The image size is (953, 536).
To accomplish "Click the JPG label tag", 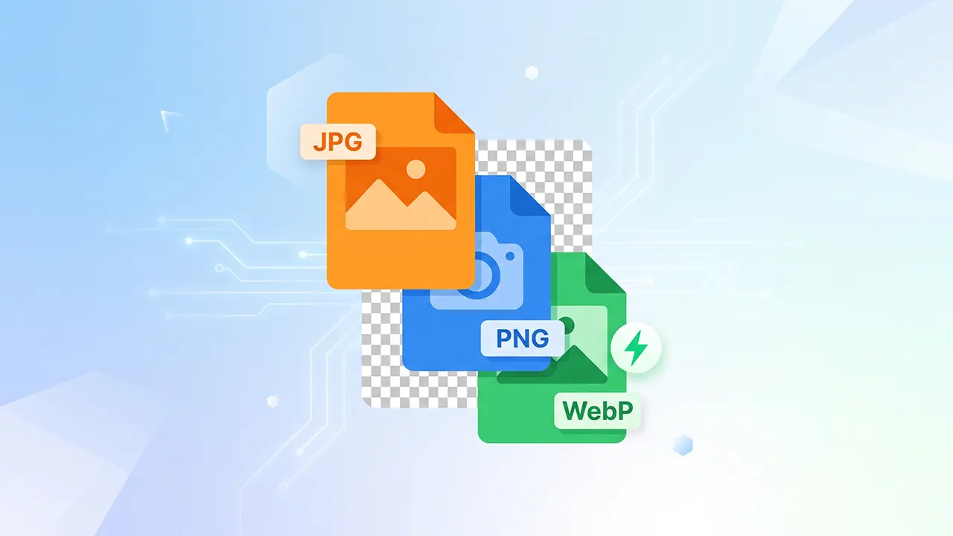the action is point(338,141).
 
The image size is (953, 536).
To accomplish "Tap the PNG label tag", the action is point(523,339).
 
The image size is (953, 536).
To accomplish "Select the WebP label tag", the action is point(597,410).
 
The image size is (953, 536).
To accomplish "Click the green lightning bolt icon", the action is point(636,348).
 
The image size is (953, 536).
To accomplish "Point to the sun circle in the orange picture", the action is point(415,169).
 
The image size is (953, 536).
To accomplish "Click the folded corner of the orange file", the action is point(454,113).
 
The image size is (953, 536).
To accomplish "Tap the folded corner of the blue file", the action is point(530,195).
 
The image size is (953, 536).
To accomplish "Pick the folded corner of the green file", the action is point(605,273).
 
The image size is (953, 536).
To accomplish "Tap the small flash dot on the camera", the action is point(510,256).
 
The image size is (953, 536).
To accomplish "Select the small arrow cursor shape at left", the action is point(168,118).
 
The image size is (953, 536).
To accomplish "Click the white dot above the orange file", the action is point(532,73).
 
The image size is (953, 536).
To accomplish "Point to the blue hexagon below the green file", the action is point(683,445).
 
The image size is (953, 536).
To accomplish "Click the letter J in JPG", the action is point(319,142).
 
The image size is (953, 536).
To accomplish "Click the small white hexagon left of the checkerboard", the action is point(272,401).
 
